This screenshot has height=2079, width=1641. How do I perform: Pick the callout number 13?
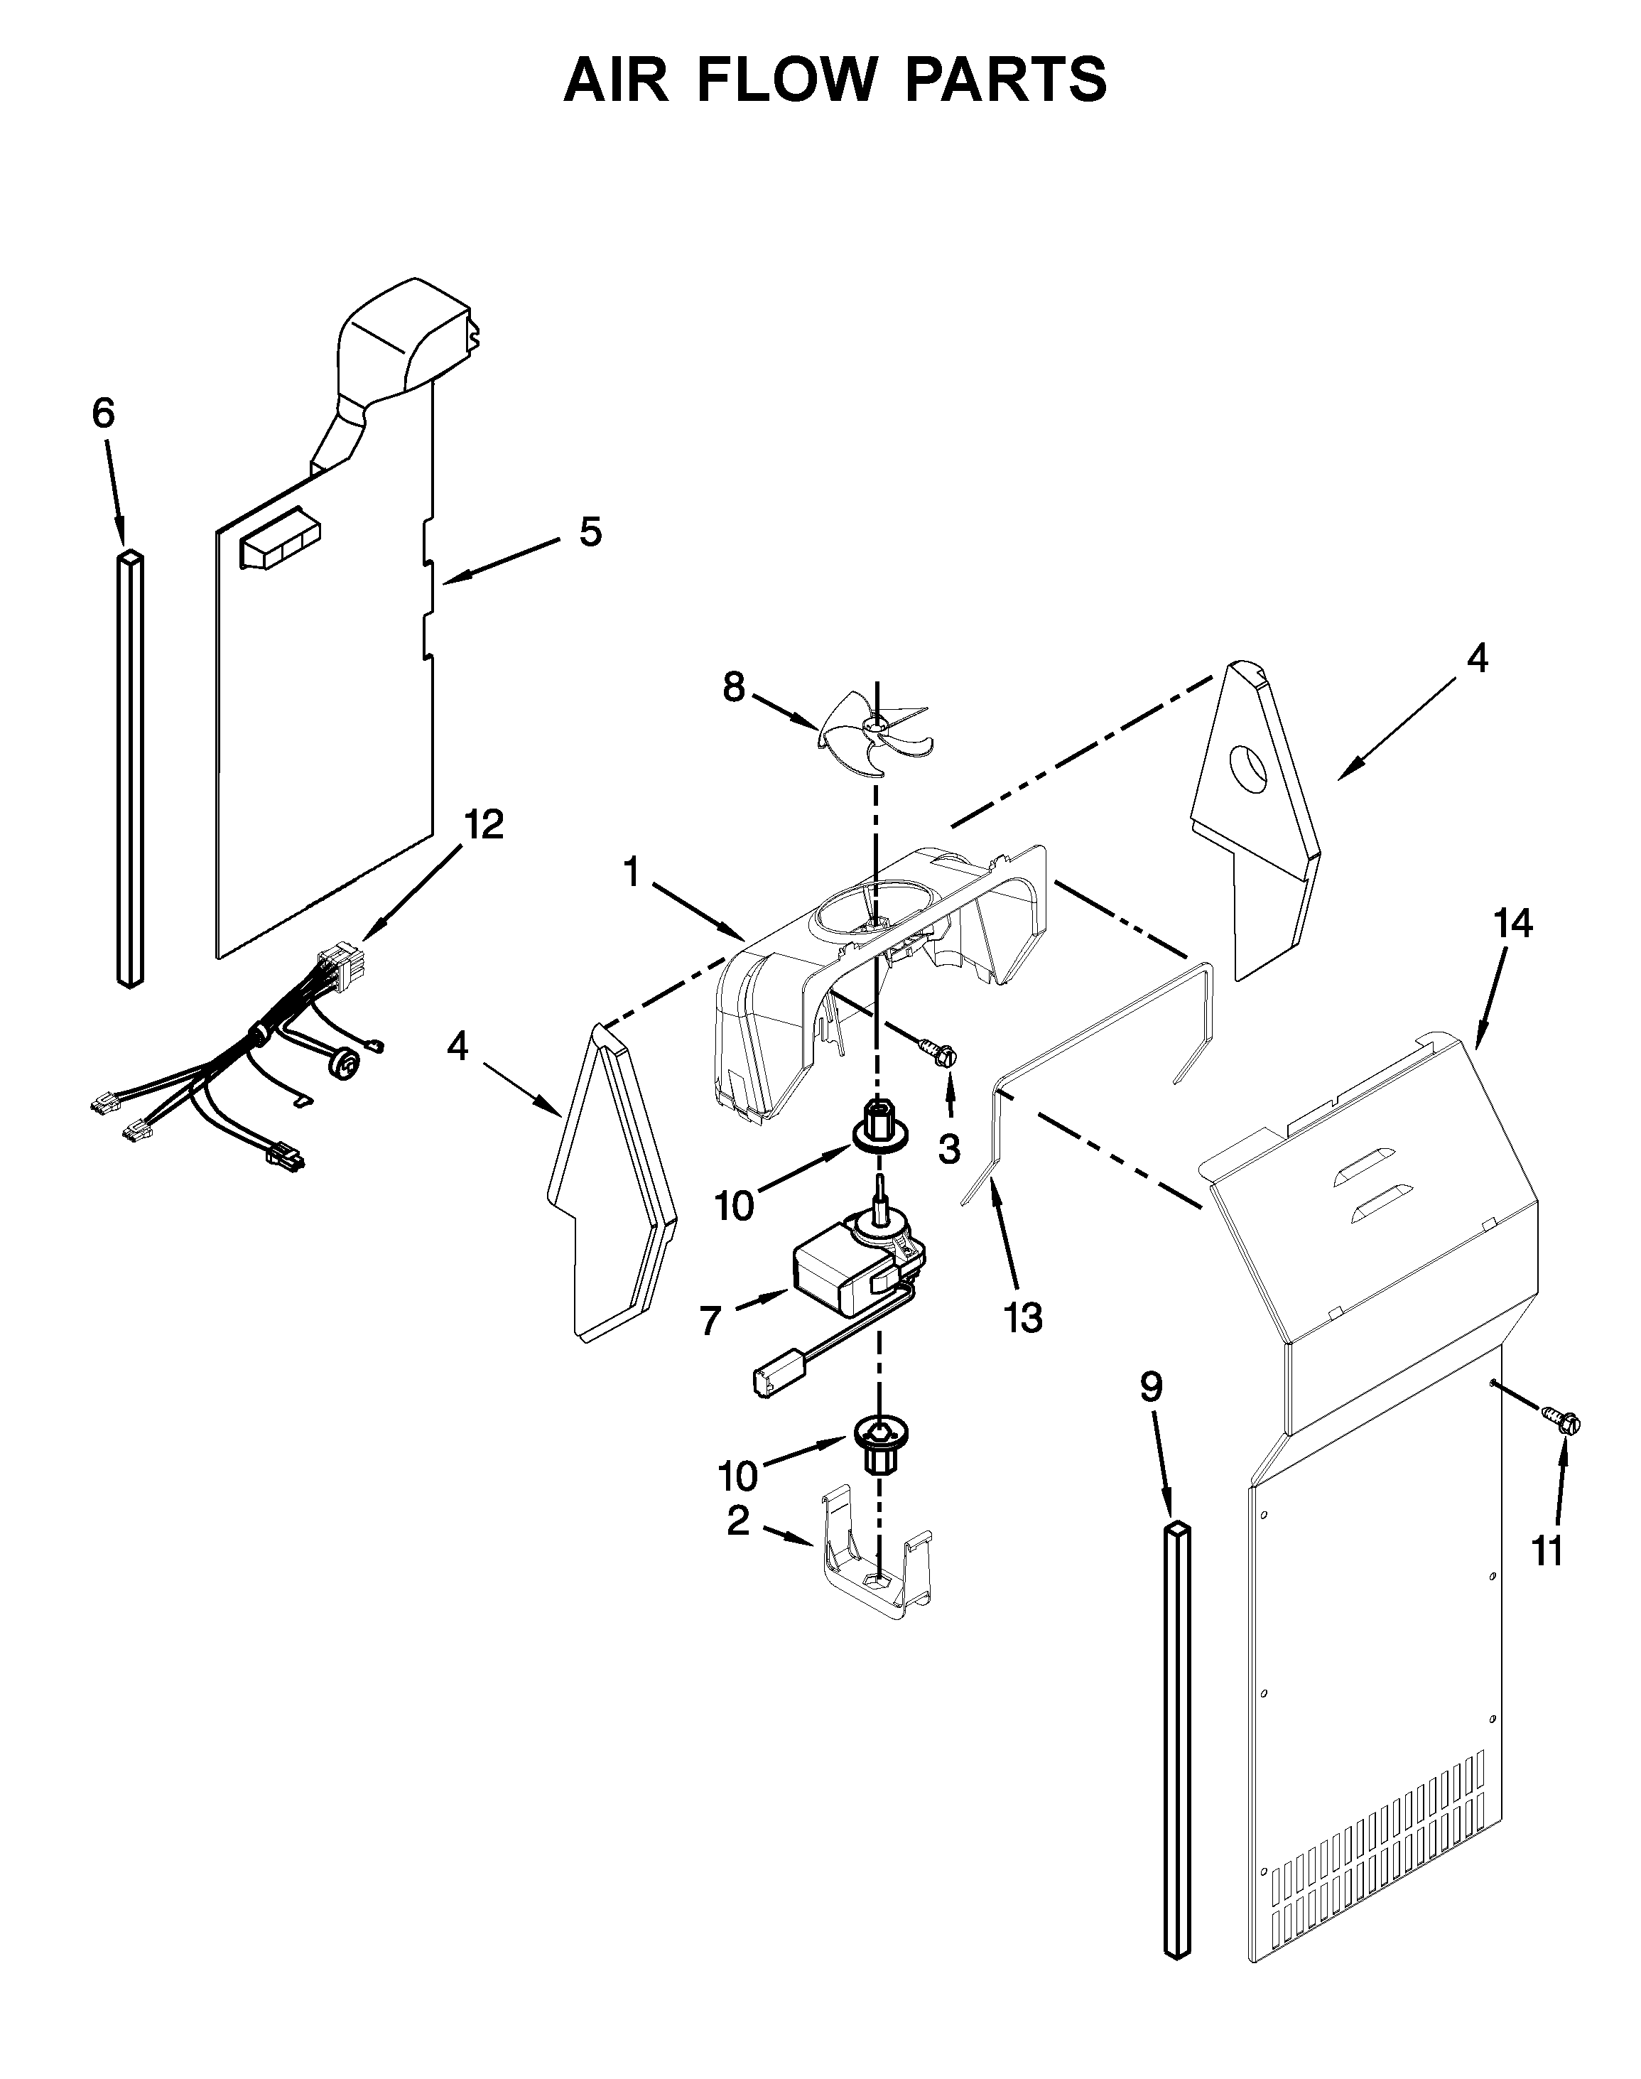point(1024,1318)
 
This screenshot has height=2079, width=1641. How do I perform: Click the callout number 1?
point(632,873)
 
